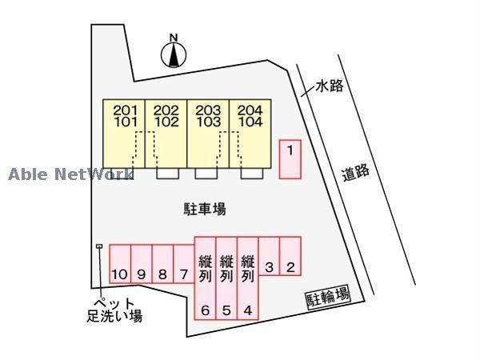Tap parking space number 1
click(x=290, y=159)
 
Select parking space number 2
click(x=290, y=256)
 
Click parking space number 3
click(x=269, y=256)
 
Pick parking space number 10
click(x=120, y=263)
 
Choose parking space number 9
click(x=142, y=263)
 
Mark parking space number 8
click(x=163, y=263)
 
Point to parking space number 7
click(x=184, y=263)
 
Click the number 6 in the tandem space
click(x=206, y=310)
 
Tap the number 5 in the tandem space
click(x=226, y=310)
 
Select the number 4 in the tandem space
click(x=248, y=310)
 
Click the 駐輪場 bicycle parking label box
click(x=328, y=296)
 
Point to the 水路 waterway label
click(x=330, y=86)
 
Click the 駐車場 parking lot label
click(x=205, y=209)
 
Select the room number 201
click(x=126, y=110)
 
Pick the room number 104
click(x=250, y=122)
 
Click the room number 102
click(x=166, y=122)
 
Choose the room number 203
click(x=208, y=110)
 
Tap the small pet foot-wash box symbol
click(x=99, y=246)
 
